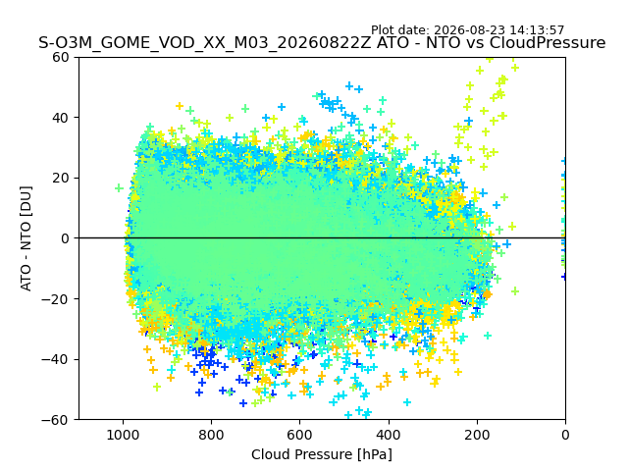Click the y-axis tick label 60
60,57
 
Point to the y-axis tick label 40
60,118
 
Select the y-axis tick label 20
60,179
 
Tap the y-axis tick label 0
65,238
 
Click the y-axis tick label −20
55,299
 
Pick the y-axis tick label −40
55,360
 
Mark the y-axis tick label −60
55,420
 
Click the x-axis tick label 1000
123,435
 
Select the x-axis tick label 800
212,435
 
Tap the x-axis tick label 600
300,435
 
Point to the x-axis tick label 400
389,435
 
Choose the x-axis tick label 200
477,435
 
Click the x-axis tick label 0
565,435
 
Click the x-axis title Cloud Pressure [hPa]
322,454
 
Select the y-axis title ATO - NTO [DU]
26,238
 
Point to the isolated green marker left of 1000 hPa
119,187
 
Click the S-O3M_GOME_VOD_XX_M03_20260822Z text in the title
205,43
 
